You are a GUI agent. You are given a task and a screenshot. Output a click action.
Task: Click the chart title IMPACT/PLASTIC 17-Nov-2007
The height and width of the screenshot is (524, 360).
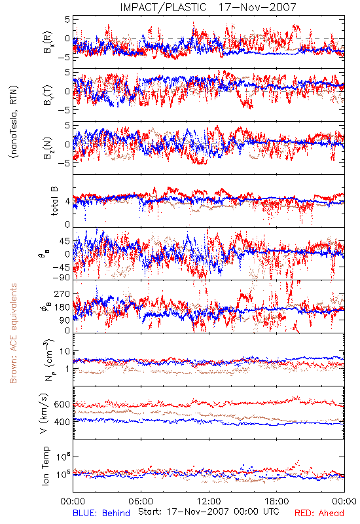tap(208, 7)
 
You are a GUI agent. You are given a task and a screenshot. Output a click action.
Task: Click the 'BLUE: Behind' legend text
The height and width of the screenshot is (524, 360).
tap(101, 513)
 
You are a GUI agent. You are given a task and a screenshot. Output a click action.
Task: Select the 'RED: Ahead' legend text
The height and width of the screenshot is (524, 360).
tap(319, 513)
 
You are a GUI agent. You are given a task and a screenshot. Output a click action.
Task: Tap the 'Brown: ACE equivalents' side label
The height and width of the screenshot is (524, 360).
tap(13, 333)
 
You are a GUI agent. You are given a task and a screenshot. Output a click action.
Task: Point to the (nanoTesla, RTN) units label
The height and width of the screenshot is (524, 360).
tap(14, 121)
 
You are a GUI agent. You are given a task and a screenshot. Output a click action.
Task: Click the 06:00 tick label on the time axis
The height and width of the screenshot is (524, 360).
tap(141, 501)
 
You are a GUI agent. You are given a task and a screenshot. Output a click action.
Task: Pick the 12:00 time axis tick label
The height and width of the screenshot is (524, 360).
tap(209, 501)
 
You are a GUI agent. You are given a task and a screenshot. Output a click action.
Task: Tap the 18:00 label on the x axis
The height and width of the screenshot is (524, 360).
tap(277, 501)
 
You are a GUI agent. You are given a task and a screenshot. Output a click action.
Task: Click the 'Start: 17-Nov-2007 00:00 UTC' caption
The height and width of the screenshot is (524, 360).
tap(209, 512)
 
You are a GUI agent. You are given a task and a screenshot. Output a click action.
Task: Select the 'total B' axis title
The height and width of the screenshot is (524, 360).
tap(54, 201)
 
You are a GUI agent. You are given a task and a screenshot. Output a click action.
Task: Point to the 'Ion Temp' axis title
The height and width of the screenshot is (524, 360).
tap(45, 466)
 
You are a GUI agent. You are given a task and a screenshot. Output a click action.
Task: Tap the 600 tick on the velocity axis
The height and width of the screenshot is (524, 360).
tap(62, 404)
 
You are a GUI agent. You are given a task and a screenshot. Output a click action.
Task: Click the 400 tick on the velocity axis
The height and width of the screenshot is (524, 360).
tap(62, 422)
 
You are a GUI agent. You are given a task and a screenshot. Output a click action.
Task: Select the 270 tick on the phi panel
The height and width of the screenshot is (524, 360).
tap(62, 293)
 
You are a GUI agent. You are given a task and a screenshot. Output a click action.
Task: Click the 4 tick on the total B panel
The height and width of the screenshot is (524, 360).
tap(68, 202)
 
